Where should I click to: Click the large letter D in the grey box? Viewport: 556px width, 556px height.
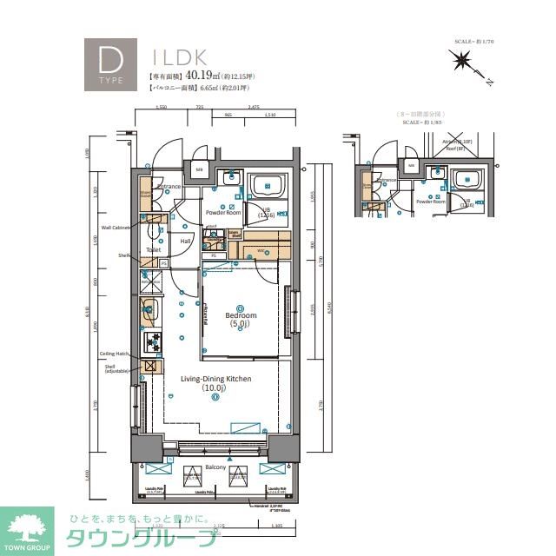(x=109, y=60)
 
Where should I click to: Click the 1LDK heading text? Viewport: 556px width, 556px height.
(x=179, y=57)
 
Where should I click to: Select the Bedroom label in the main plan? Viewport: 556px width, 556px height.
(x=240, y=315)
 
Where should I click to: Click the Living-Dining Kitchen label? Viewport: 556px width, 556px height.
(x=215, y=379)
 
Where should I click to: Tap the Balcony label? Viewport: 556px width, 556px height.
(x=216, y=468)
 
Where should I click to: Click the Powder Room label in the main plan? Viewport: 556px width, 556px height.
(x=223, y=212)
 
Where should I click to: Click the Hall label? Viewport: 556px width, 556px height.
(x=185, y=242)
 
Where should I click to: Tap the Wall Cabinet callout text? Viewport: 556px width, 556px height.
(x=115, y=228)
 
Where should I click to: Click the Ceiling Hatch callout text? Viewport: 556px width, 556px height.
(x=114, y=354)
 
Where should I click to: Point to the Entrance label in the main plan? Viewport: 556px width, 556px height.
(x=168, y=186)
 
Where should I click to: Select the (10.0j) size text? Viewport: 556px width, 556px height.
(x=215, y=388)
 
